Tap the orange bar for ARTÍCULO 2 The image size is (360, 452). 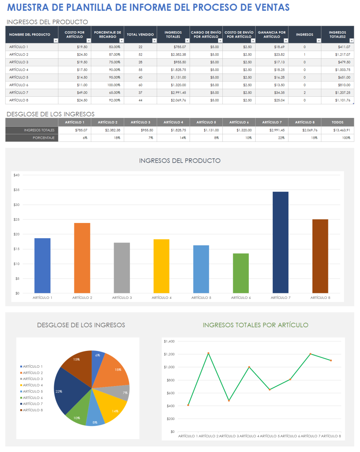82,258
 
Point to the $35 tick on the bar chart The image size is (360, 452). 16,190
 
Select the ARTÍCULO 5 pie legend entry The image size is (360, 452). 32,392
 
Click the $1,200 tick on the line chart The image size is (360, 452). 169,354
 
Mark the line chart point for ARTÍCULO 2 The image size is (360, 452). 208,353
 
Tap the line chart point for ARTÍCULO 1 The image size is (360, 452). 188,405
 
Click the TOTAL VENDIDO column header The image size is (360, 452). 140,35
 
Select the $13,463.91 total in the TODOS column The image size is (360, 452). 342,130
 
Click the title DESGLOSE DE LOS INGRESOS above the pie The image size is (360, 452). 81,325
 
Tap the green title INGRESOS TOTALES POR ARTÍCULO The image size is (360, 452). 256,325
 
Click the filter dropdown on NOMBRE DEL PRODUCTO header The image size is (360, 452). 56,40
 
